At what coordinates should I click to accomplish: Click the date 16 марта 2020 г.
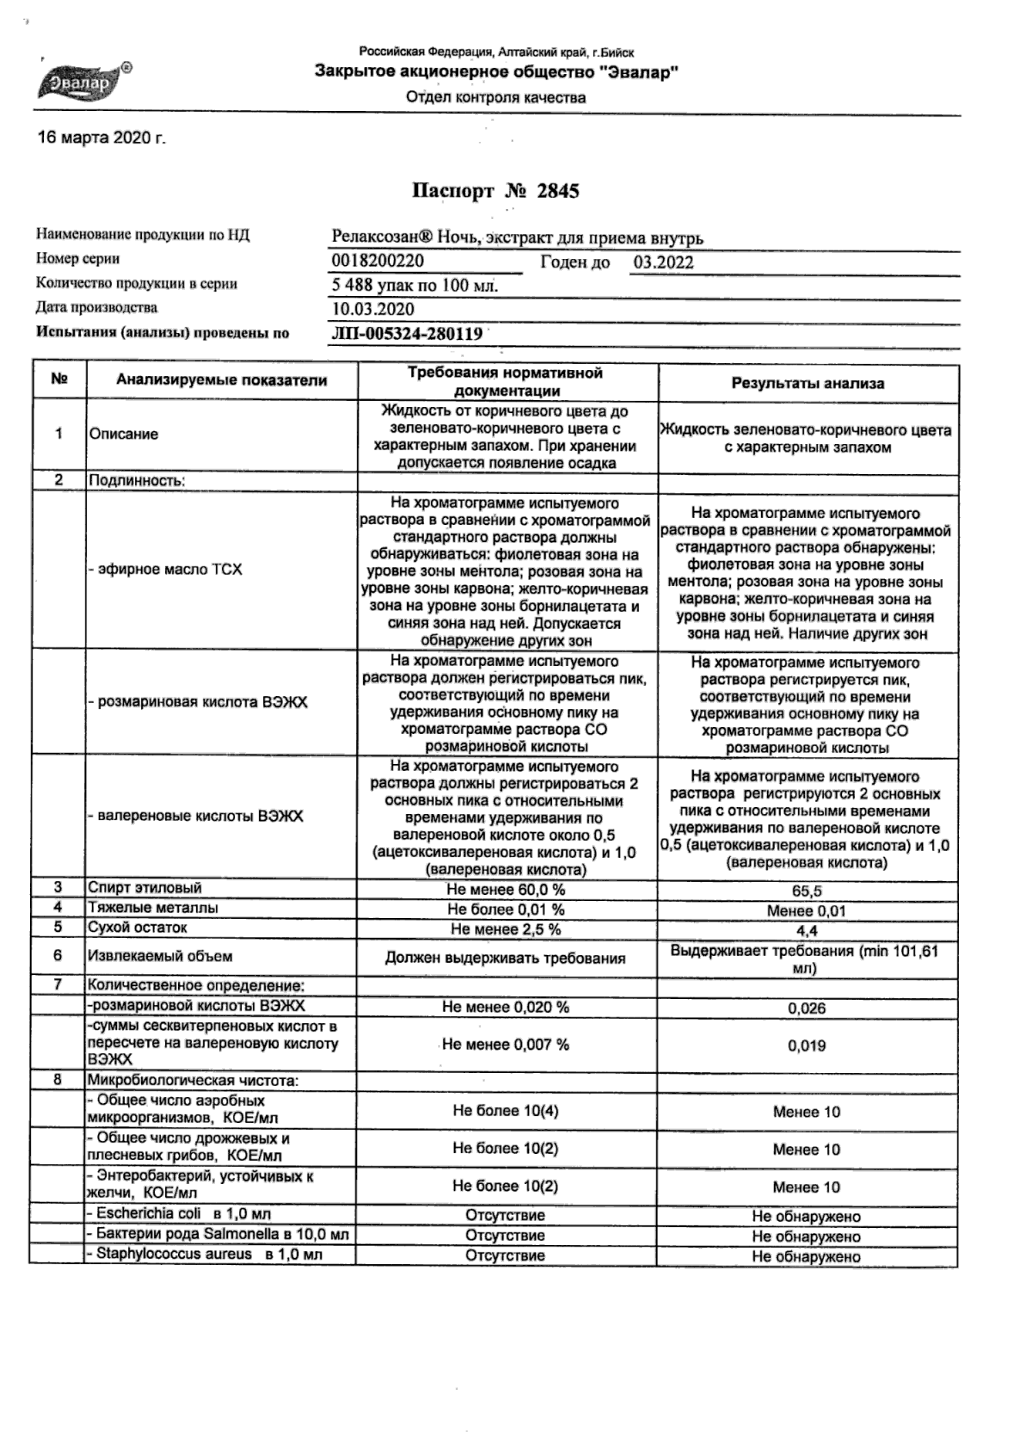coord(102,139)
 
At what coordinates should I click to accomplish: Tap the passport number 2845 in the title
coord(557,191)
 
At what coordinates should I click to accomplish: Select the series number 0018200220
coord(378,261)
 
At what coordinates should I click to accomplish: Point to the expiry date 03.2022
coord(663,262)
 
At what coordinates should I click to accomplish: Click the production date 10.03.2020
coord(373,310)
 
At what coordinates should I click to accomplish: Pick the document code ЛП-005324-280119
coord(407,334)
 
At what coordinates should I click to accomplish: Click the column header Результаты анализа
coord(807,383)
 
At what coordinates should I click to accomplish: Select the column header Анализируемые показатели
coord(221,380)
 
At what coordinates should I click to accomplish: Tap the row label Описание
coord(123,434)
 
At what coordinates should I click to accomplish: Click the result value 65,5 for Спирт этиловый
coord(806,891)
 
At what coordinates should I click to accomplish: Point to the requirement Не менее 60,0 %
coord(506,890)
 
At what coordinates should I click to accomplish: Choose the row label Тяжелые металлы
coord(153,908)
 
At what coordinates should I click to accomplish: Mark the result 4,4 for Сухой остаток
coord(806,931)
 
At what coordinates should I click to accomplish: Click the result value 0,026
coord(806,1008)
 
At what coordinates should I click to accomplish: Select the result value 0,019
coord(806,1046)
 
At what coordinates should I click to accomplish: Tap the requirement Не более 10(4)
coord(506,1111)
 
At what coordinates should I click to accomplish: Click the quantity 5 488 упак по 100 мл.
coord(415,286)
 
